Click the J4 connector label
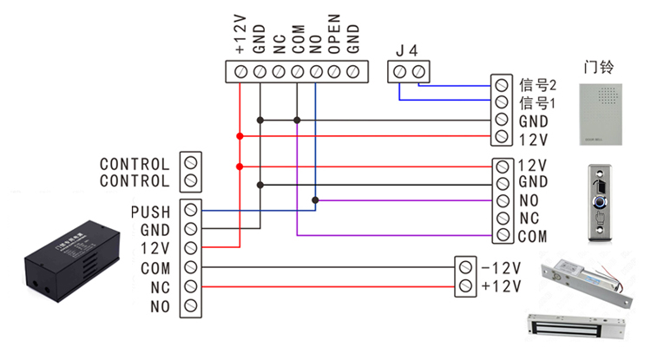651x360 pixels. click(406, 51)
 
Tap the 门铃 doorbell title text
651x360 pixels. click(599, 66)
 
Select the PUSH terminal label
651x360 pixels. click(150, 211)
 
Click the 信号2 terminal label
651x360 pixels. click(536, 85)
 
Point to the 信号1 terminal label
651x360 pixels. click(536, 103)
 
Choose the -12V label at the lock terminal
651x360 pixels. click(501, 267)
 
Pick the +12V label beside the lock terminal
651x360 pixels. click(501, 286)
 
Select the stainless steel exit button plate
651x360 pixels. click(599, 202)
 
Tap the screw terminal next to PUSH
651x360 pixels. click(191, 211)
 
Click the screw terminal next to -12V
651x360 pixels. click(465, 267)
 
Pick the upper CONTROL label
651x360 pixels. click(135, 164)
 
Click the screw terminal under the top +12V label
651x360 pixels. click(240, 71)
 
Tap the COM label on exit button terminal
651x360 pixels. click(532, 236)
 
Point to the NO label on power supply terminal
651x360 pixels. click(160, 306)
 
